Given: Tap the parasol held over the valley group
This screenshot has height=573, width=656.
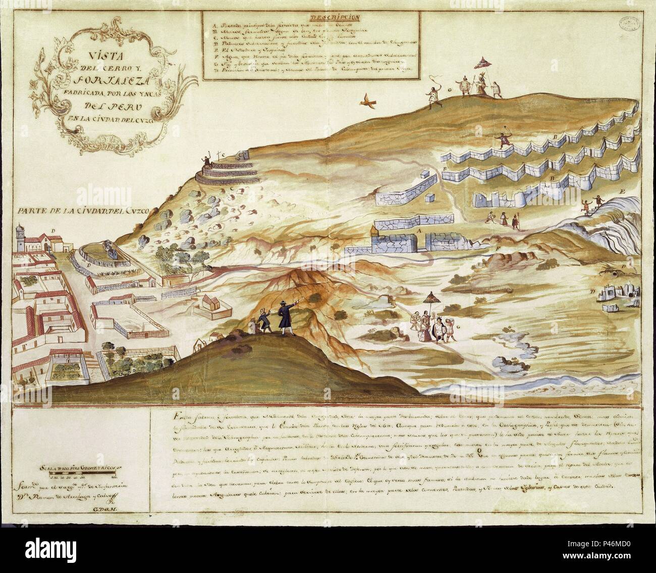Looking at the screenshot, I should point(432,296).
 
